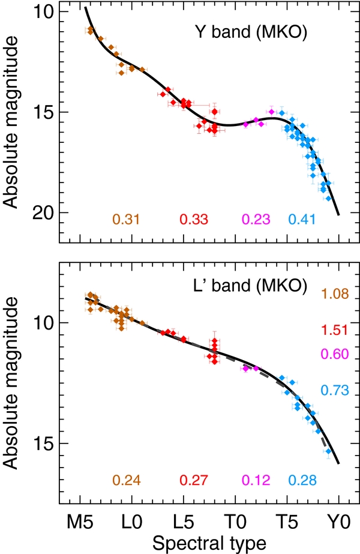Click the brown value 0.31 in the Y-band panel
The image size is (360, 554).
pos(127,220)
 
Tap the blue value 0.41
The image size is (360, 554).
pos(303,220)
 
